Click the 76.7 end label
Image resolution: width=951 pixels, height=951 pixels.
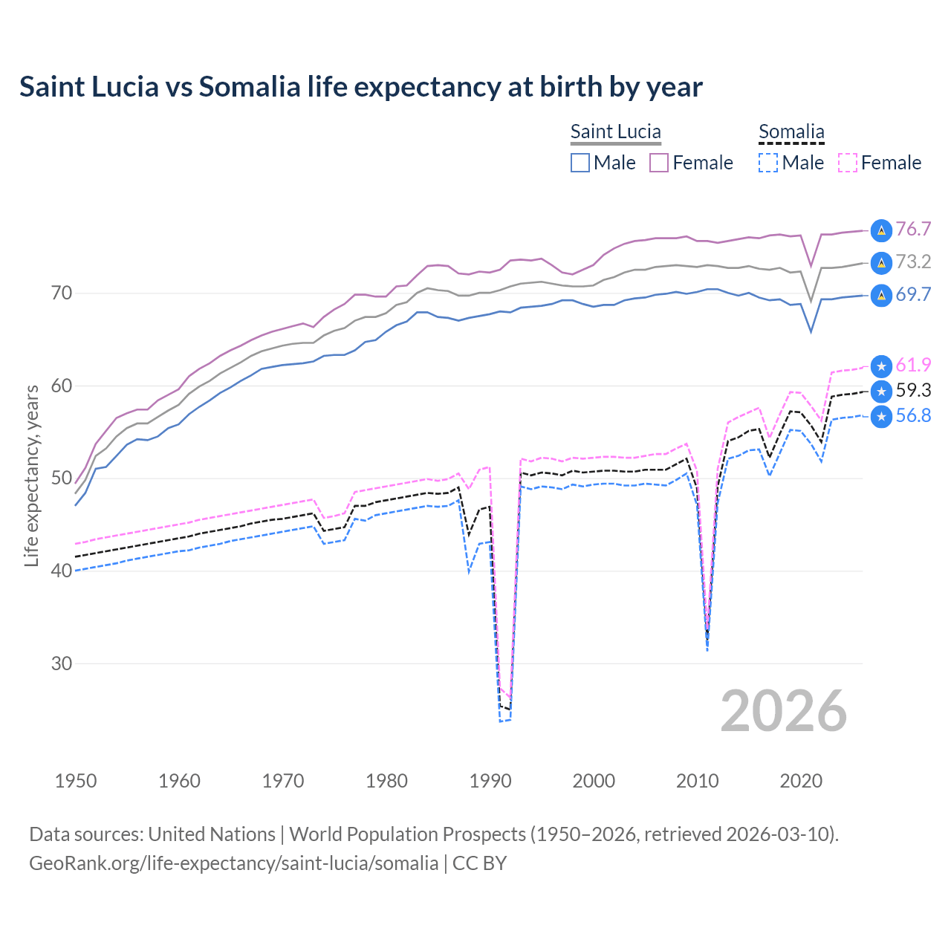913,229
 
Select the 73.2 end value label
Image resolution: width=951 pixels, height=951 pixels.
913,262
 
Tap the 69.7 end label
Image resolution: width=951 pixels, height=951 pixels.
913,294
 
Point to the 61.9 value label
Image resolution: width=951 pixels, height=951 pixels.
913,365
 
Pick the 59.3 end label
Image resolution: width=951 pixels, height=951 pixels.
913,390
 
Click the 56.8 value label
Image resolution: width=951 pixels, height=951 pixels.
913,415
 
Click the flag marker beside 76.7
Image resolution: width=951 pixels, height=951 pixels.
881,230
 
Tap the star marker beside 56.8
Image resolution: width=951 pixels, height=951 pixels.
881,417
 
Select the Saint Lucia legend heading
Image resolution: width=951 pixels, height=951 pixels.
615,132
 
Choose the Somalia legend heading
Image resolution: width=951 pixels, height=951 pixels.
791,132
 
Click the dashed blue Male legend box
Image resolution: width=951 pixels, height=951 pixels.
768,163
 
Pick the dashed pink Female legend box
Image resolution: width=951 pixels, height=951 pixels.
848,163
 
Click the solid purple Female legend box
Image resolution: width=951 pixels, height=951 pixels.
659,163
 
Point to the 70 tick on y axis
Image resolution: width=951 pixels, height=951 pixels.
62,293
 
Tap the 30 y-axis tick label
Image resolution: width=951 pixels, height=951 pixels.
62,663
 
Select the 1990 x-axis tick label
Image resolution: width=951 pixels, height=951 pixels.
490,781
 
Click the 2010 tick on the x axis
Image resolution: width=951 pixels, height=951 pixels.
698,781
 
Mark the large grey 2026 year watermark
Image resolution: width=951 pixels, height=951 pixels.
784,711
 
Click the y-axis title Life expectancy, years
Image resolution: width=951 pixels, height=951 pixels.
31,475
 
